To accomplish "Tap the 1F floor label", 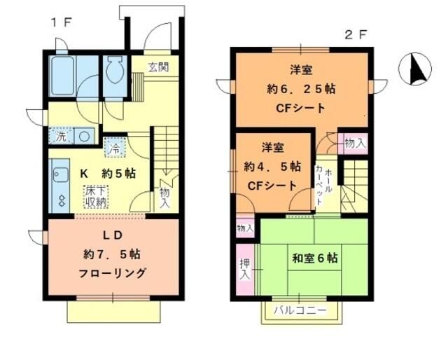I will point(61,22).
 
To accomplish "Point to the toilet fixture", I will point(113,72).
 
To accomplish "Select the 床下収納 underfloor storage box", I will point(96,196).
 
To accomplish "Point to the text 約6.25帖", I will point(301,89).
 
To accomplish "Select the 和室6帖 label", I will point(314,258).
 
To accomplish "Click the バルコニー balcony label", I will point(300,310).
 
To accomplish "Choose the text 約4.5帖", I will point(272,167).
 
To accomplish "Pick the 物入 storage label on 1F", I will point(164,198).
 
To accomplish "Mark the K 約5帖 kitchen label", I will point(107,173).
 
